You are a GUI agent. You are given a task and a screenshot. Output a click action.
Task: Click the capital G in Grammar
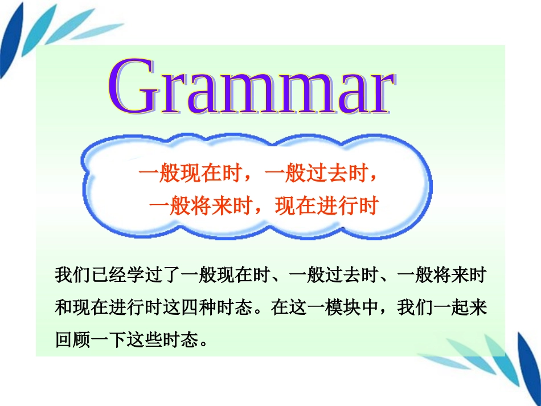click(x=132, y=87)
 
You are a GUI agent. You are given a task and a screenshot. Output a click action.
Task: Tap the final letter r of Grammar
click(x=379, y=95)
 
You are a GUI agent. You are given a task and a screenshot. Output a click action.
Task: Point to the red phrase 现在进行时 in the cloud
click(x=327, y=206)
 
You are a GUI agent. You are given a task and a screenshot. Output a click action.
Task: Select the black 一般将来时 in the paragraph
click(x=441, y=276)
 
